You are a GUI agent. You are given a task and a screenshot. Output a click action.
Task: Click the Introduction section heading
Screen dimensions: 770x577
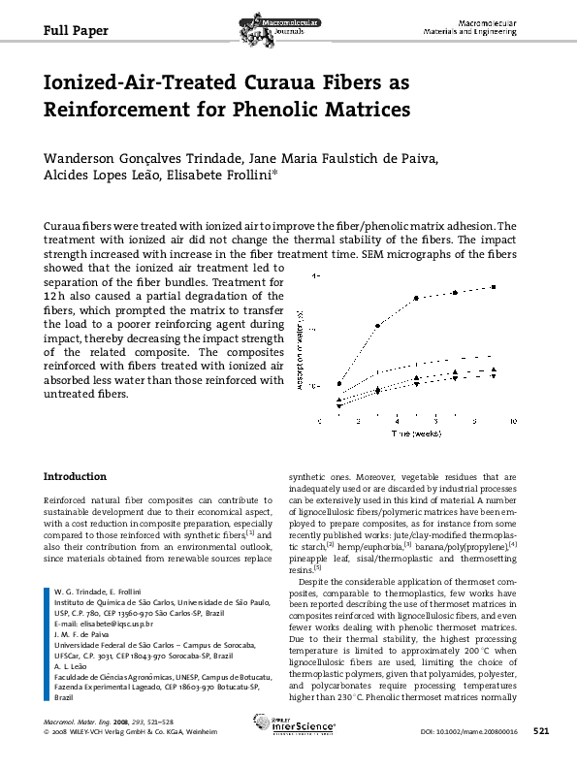coord(76,477)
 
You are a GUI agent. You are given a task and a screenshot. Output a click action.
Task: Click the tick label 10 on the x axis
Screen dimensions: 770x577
coord(513,421)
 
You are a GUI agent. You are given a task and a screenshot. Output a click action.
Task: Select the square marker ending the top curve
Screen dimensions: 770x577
coord(494,287)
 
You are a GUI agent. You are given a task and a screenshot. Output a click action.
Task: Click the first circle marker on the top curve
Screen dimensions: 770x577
coord(339,383)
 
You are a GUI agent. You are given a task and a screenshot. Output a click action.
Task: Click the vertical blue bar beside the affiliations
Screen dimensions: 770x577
coord(48,647)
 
